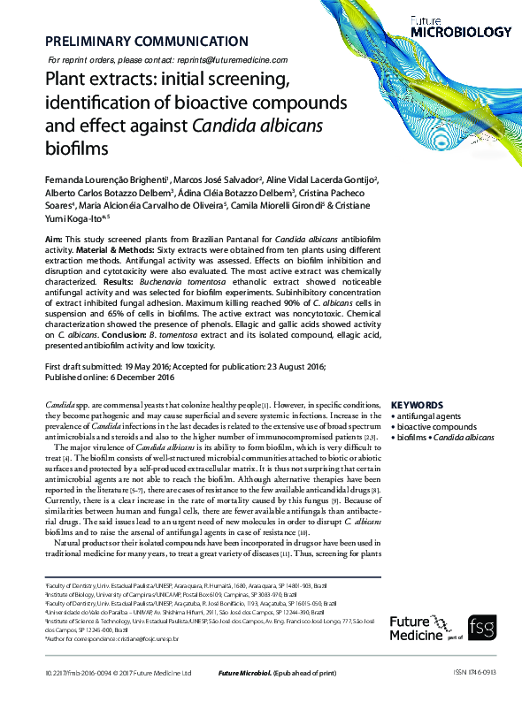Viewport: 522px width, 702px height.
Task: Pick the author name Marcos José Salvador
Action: pos(200,179)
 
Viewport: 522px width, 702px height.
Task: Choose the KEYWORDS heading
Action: pos(417,405)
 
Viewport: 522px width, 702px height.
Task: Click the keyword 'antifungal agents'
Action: pos(428,416)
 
